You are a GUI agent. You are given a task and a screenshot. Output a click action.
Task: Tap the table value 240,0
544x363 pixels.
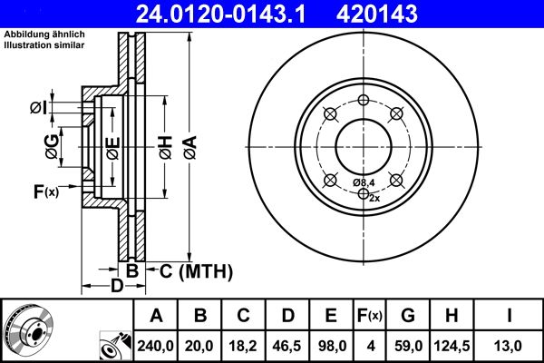coord(156,346)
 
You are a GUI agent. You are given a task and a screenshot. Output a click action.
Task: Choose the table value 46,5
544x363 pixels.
coord(288,346)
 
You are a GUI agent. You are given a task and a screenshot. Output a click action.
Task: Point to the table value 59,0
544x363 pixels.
coord(408,346)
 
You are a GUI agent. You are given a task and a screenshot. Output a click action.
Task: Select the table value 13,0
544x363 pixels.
coord(508,346)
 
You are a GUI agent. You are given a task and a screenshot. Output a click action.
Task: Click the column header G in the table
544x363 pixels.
coord(408,316)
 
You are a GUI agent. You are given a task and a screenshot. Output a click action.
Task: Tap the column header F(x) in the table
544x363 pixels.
coord(370,316)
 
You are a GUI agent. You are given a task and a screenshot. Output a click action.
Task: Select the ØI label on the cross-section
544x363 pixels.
coord(37,108)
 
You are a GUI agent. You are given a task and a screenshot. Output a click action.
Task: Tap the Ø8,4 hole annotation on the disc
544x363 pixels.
coord(364,182)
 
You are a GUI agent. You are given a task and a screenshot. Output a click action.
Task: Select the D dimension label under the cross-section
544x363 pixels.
coord(116,287)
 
